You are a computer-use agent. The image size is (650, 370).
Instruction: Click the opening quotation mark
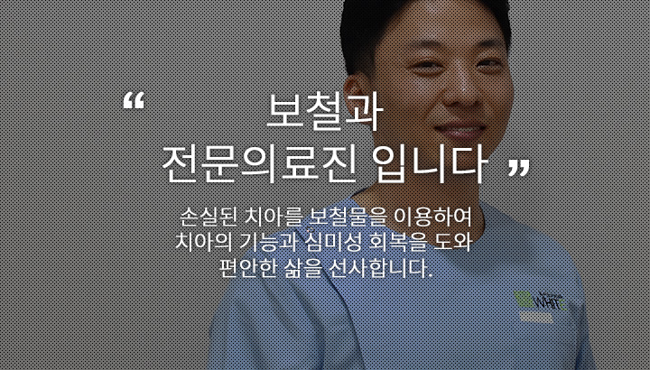[134, 101]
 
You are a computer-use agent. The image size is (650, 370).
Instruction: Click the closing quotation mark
[519, 168]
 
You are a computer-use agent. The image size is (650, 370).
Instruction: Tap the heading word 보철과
[323, 112]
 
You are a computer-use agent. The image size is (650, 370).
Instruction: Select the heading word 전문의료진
[259, 164]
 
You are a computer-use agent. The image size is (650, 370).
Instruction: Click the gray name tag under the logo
[536, 318]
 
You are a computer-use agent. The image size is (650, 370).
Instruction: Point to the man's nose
[456, 89]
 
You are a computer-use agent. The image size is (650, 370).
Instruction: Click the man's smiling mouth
[460, 132]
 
